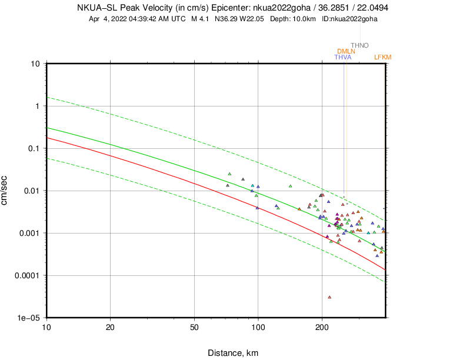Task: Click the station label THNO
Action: click(x=360, y=45)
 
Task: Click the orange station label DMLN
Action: click(x=346, y=51)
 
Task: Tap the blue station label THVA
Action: click(x=342, y=57)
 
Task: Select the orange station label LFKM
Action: click(x=382, y=57)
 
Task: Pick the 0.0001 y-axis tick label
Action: click(x=27, y=275)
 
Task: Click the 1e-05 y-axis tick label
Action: click(x=29, y=318)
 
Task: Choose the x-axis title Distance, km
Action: click(x=233, y=353)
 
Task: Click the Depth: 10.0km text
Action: click(x=294, y=19)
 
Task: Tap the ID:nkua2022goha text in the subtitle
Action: click(x=349, y=19)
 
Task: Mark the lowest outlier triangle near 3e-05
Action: click(x=329, y=297)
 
